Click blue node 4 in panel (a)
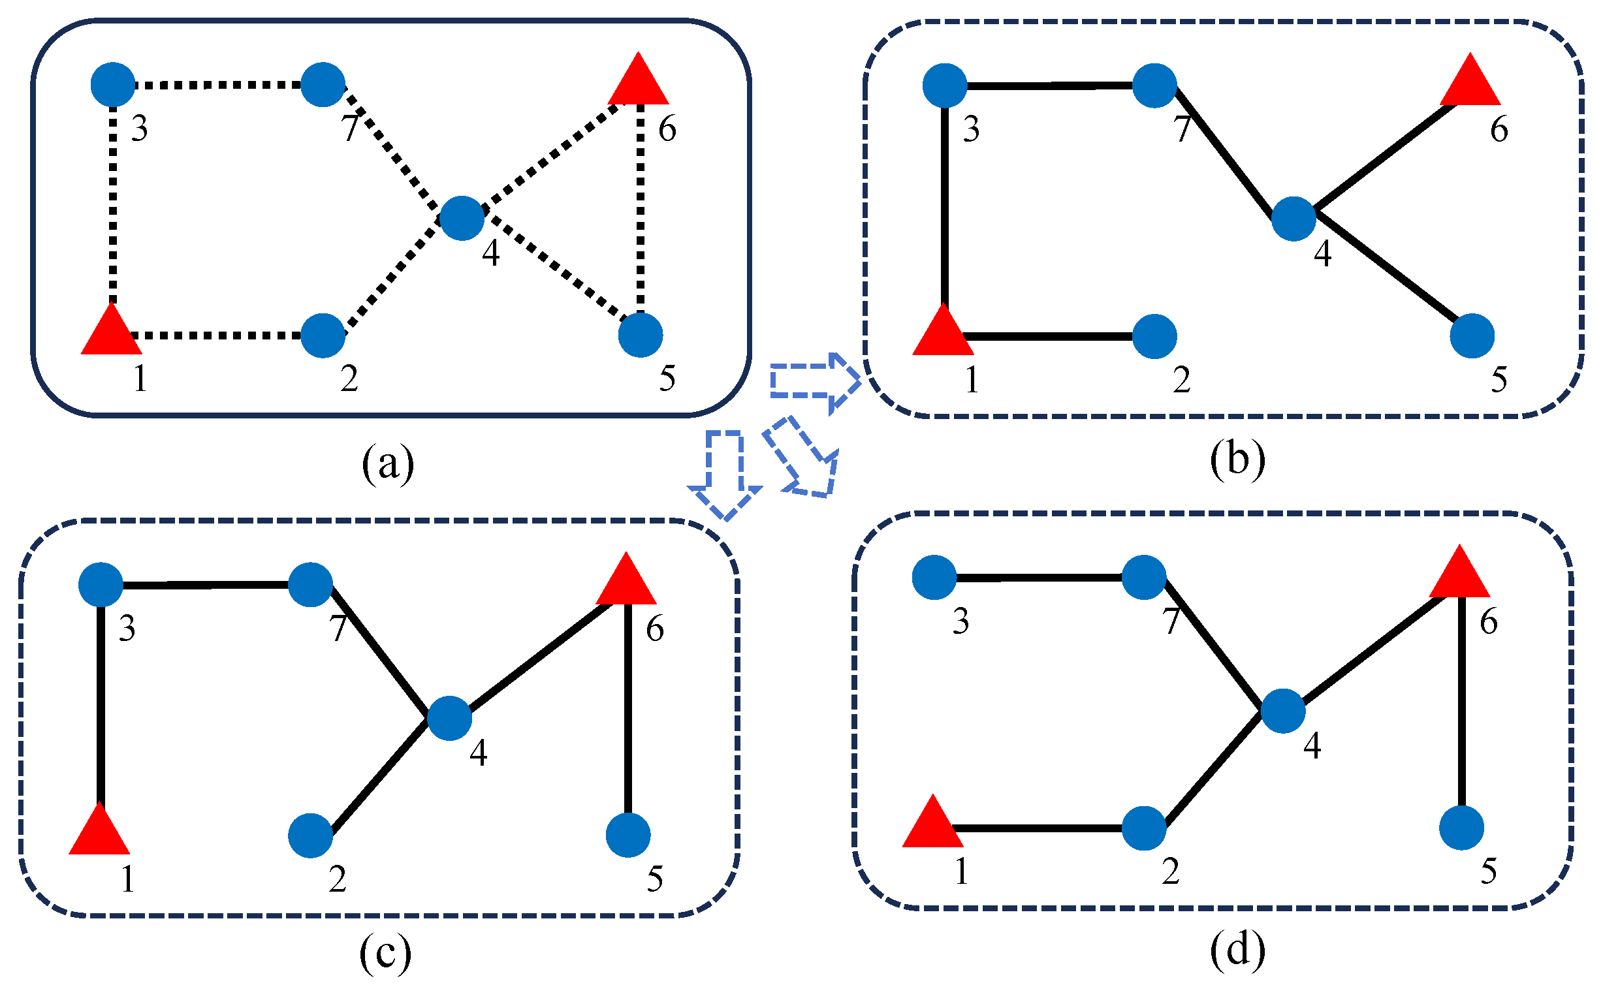[462, 218]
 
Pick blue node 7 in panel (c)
[310, 584]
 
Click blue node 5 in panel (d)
[1462, 828]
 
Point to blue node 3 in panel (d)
[934, 577]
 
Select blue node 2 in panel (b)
[1154, 336]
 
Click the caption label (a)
[388, 463]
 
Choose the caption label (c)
[385, 953]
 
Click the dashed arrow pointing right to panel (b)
[813, 382]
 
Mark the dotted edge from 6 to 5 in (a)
[641, 209]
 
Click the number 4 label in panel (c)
[479, 753]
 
